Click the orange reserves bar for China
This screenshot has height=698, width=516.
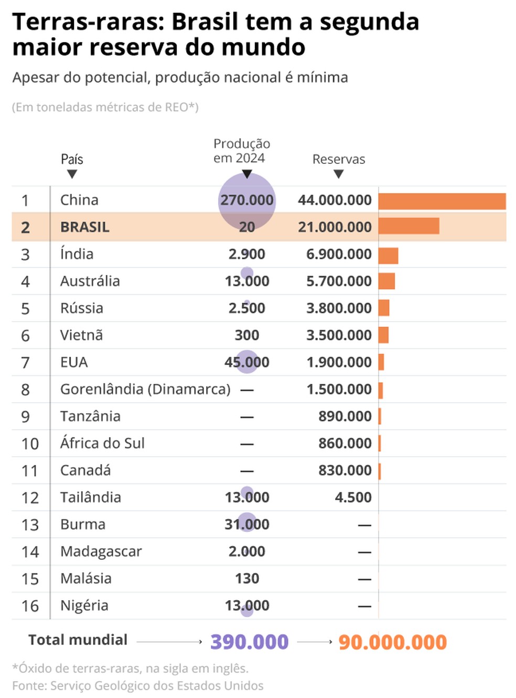coord(442,201)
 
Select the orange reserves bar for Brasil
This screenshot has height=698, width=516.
coord(408,226)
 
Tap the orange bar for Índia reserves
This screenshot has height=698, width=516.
coord(388,256)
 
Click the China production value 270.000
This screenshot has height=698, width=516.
coord(246,200)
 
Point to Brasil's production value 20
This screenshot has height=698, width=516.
coord(246,227)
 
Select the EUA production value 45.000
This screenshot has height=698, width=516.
coord(246,362)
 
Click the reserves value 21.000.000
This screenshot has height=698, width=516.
coord(335,227)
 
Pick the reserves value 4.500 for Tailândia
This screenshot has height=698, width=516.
coord(353,497)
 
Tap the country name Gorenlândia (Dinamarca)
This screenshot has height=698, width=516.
coord(145,389)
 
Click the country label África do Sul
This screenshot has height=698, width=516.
coord(102,444)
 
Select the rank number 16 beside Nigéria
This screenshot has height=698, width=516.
coord(30,606)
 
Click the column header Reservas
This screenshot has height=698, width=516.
coord(338,159)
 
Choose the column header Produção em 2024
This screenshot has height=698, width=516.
coord(241,151)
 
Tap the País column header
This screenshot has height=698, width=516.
coord(72,159)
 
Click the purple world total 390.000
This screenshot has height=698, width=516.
coord(249,642)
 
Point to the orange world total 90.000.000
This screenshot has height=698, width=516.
coord(392,642)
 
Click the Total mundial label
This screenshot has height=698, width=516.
coord(78,640)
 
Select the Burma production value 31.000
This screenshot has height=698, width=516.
coord(246,524)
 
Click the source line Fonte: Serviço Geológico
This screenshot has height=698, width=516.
coord(137,685)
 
